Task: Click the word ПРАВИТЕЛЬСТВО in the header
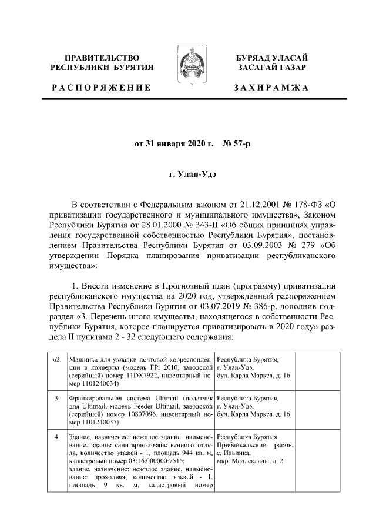click(102, 58)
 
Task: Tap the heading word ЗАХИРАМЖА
click(271, 88)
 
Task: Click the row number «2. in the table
click(56, 359)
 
